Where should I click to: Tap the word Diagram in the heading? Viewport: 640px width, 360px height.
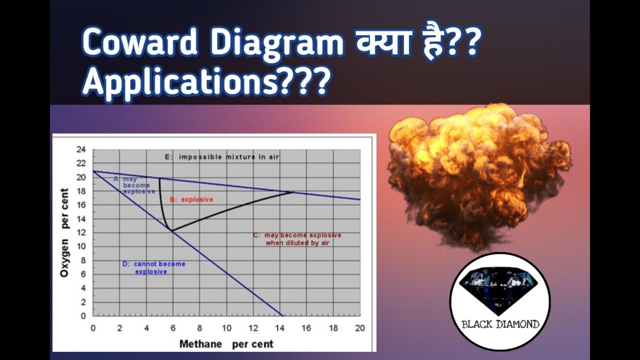coord(276,43)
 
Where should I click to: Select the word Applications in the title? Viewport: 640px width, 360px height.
coord(180,82)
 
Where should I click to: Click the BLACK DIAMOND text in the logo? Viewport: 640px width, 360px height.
coord(500,324)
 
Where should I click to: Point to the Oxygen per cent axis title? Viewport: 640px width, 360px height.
coord(64,232)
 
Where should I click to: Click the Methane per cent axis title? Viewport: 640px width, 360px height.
coord(226,344)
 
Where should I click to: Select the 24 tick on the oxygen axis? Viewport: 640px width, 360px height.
coord(81,149)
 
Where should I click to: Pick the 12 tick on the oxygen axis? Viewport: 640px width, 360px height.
coord(81,232)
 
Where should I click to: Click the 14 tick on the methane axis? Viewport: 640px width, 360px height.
coord(279,328)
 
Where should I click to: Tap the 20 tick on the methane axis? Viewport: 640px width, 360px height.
coord(359,328)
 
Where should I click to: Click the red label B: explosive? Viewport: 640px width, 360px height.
coord(191,199)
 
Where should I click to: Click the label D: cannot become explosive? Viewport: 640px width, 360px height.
coord(153,267)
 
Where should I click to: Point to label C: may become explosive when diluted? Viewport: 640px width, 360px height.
coord(297,239)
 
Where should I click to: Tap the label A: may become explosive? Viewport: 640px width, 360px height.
coord(134,184)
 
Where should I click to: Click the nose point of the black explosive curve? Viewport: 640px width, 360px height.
coord(171,230)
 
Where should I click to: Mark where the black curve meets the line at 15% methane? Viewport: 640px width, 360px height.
coord(293,192)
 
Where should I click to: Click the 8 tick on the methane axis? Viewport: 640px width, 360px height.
coord(199,328)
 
